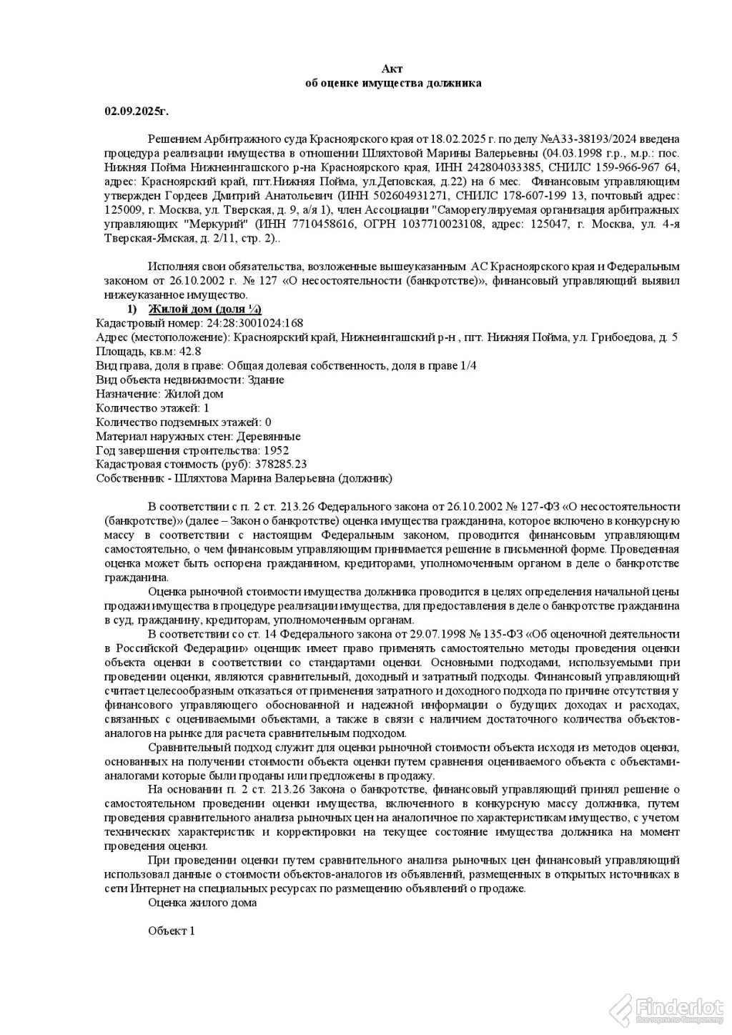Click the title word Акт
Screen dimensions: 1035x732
392,69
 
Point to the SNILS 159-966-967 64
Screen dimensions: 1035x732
633,167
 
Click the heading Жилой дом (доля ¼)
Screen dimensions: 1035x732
204,309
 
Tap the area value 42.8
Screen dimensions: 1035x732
191,351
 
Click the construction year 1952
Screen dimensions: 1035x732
276,450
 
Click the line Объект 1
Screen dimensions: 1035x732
171,931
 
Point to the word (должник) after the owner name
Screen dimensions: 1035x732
365,478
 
